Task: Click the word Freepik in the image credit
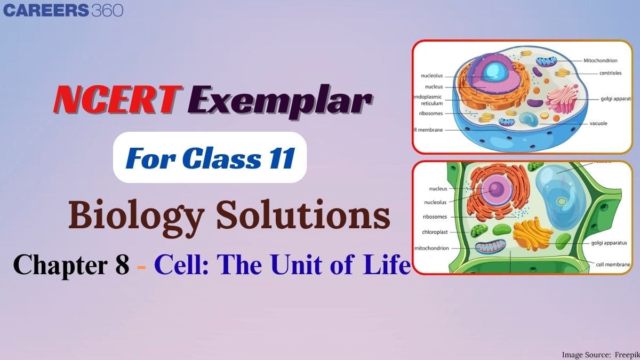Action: click(622, 354)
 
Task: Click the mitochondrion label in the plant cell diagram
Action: click(431, 248)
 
